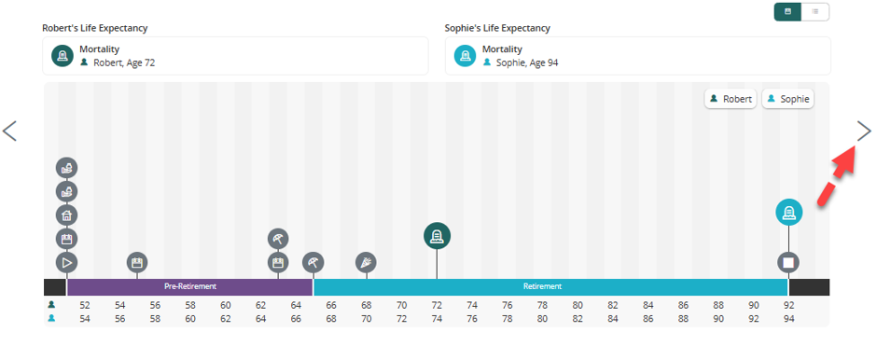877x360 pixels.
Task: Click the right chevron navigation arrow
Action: pos(864,131)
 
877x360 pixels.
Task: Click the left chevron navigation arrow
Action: pos(9,131)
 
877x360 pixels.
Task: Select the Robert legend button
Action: pos(731,99)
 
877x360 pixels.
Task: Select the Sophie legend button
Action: pos(788,99)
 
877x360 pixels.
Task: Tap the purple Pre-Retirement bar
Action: pos(190,286)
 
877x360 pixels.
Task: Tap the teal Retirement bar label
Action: pos(543,286)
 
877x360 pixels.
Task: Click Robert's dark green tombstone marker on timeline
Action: pos(437,236)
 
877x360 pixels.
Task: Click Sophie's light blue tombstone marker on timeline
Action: pos(788,213)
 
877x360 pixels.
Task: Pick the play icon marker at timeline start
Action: pos(66,262)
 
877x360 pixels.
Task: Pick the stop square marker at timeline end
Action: pos(788,262)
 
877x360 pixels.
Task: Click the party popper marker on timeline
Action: pos(367,262)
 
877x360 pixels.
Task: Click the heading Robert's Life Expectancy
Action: pos(95,28)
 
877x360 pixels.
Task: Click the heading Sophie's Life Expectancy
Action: pos(498,28)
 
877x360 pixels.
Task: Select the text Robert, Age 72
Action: pos(124,62)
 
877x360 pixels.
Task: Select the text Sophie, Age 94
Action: pos(527,62)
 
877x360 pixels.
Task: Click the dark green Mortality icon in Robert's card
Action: pos(63,56)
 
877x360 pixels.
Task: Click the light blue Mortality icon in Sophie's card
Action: pos(466,56)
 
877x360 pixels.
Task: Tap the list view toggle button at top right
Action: pos(815,12)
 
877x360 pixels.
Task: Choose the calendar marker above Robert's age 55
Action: pos(136,262)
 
